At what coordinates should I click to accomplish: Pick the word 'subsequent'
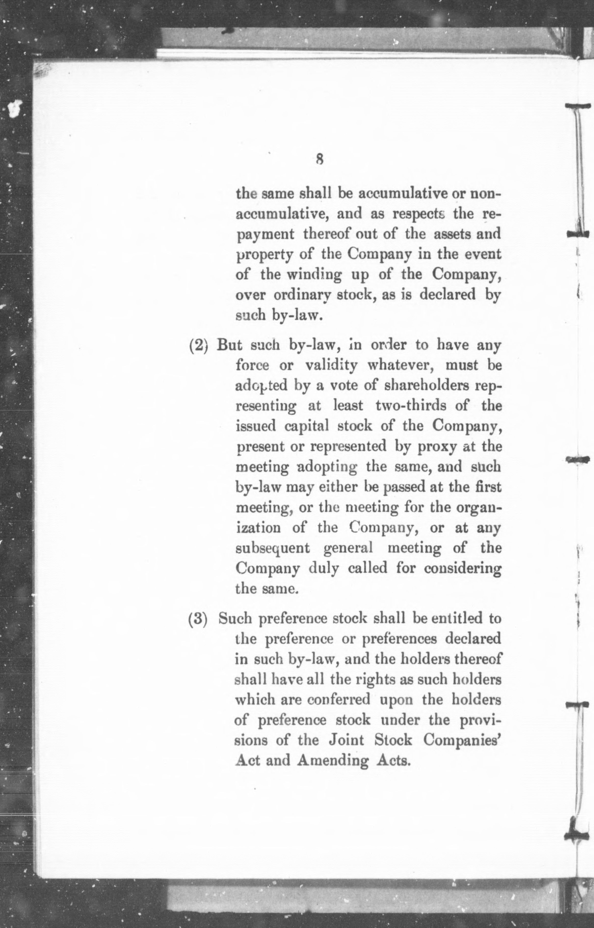(x=272, y=548)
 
